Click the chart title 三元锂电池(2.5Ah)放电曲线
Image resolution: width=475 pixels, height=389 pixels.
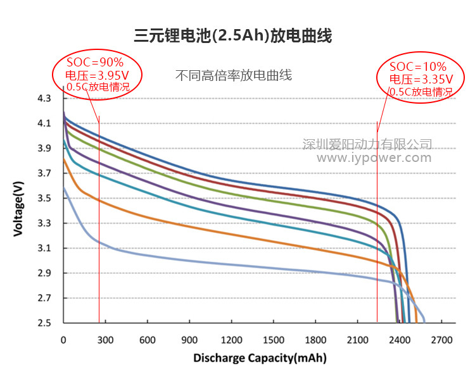(x=233, y=35)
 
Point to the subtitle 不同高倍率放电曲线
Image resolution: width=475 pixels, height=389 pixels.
(x=233, y=75)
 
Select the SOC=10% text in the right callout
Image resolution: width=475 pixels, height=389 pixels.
(x=418, y=66)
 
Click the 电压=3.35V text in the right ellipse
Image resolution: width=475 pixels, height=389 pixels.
(x=421, y=79)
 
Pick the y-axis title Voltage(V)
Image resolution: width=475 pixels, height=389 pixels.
(x=19, y=209)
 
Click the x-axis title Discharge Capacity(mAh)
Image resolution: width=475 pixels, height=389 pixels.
(x=260, y=358)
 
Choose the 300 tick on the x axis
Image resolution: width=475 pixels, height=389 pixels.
(x=105, y=340)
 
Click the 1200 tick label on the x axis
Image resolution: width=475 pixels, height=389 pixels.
(x=232, y=340)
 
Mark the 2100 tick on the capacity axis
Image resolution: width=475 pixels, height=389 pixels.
(x=358, y=340)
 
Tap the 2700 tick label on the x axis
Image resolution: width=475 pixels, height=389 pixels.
(x=442, y=340)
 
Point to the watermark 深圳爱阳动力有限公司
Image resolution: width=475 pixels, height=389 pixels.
(x=367, y=144)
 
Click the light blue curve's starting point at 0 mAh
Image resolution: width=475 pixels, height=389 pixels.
(x=64, y=188)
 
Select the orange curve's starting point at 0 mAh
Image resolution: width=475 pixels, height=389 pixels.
(x=64, y=159)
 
